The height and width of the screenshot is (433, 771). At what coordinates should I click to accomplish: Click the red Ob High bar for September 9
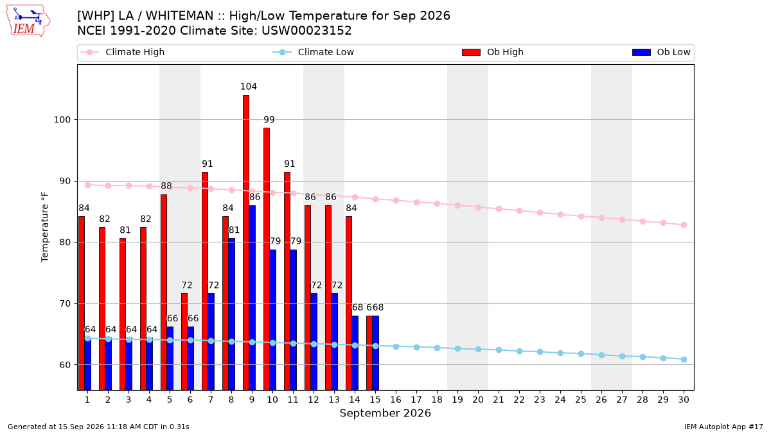pos(245,242)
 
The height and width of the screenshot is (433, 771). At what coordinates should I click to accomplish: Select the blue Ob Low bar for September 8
pos(232,314)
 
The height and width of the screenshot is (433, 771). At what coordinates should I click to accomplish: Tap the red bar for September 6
pos(184,341)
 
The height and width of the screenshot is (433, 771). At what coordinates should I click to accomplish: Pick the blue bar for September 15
pos(375,353)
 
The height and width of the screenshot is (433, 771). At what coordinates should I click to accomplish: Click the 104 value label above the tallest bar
pos(249,87)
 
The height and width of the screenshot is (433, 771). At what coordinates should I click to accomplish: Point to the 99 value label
pos(269,119)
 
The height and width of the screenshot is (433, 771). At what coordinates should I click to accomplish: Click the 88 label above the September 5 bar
pos(166,186)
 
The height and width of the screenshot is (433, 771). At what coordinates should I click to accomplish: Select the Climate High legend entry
pos(123,52)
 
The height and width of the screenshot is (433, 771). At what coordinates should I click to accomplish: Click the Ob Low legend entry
pos(661,52)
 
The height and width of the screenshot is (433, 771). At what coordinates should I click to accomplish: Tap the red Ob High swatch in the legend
pos(471,52)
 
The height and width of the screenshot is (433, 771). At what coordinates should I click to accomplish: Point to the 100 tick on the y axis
pos(62,120)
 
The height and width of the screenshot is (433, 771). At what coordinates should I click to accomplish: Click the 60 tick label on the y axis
pos(65,365)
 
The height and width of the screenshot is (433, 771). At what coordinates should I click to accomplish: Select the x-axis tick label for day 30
pos(684,400)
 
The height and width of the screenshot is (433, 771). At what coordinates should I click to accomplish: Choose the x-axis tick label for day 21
pos(499,400)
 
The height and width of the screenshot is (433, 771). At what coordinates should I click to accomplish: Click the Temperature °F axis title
pos(45,227)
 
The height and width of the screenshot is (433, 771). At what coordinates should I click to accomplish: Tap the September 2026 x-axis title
pos(385,413)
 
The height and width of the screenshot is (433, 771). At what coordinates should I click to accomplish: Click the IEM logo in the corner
pos(28,21)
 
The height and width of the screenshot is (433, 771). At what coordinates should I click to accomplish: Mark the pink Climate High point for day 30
pos(684,225)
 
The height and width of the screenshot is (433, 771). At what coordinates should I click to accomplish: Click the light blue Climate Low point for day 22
pos(519,352)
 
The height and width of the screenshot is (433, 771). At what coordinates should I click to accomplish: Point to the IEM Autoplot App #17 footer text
pos(723,427)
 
